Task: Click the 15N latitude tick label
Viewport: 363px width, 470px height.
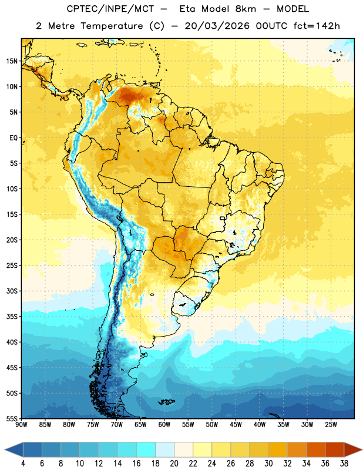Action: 12,61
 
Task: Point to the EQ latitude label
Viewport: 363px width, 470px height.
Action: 14,138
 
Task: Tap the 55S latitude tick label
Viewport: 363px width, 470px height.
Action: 12,418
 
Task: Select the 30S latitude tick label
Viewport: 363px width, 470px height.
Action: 12,291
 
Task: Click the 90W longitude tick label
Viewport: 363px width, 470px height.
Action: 21,425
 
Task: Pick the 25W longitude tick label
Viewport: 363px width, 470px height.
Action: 331,425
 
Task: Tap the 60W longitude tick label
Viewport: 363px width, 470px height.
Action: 164,425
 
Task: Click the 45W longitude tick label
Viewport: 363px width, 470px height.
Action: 236,425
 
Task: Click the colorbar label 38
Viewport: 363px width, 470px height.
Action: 344,464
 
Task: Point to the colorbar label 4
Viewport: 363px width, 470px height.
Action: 23,464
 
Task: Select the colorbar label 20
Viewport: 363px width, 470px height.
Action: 174,464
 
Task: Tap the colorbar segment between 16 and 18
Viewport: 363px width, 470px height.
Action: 146,450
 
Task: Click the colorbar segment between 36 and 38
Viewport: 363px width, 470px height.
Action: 335,450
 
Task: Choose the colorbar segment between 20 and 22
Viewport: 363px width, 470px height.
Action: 183,450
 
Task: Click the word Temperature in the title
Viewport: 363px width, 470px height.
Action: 112,26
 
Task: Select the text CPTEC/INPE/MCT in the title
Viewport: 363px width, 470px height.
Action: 110,9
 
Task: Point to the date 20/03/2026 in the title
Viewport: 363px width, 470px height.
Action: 217,26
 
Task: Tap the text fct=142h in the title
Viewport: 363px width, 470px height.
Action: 317,26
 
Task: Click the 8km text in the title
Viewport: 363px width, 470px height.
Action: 246,9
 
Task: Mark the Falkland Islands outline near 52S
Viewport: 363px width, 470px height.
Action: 166,402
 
